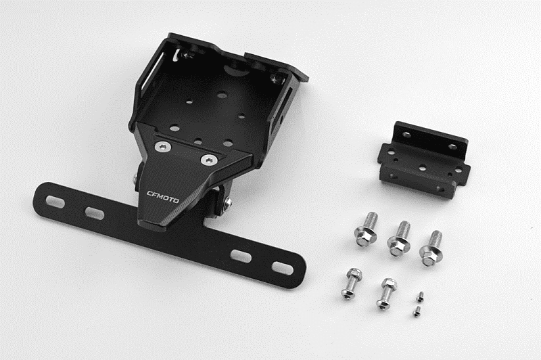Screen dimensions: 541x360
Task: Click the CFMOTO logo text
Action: [163, 196]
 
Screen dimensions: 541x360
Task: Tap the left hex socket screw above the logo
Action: [162, 147]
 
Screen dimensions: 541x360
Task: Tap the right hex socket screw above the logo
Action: [210, 160]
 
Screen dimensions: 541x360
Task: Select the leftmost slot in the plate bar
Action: [55, 202]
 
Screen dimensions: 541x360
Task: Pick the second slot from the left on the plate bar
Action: [95, 213]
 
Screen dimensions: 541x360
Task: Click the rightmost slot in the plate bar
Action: [283, 269]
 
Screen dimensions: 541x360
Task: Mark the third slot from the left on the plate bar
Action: [241, 256]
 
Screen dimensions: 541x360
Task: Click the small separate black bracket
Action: [424, 160]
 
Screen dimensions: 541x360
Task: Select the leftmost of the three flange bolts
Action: [367, 229]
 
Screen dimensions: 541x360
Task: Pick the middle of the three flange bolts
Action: [400, 238]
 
